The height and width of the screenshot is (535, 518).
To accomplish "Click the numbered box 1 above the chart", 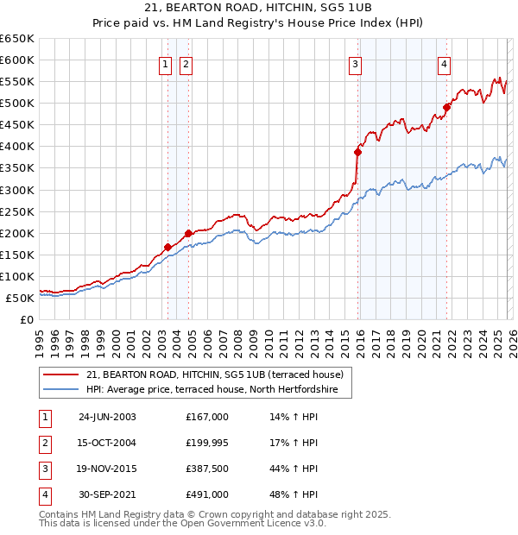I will point(165,63).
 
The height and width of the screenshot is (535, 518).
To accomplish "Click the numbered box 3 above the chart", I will point(355,63).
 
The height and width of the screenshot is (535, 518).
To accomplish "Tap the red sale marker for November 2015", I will point(357,152).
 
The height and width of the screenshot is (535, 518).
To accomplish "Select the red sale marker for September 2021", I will point(446,107).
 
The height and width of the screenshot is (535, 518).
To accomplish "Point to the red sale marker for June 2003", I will point(167,247).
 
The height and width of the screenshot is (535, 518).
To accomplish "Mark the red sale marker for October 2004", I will point(187,233).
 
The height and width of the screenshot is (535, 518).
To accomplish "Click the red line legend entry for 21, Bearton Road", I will point(215,374).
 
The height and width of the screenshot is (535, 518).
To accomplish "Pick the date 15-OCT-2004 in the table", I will point(107,444).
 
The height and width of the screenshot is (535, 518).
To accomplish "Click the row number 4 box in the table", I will point(42,495).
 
